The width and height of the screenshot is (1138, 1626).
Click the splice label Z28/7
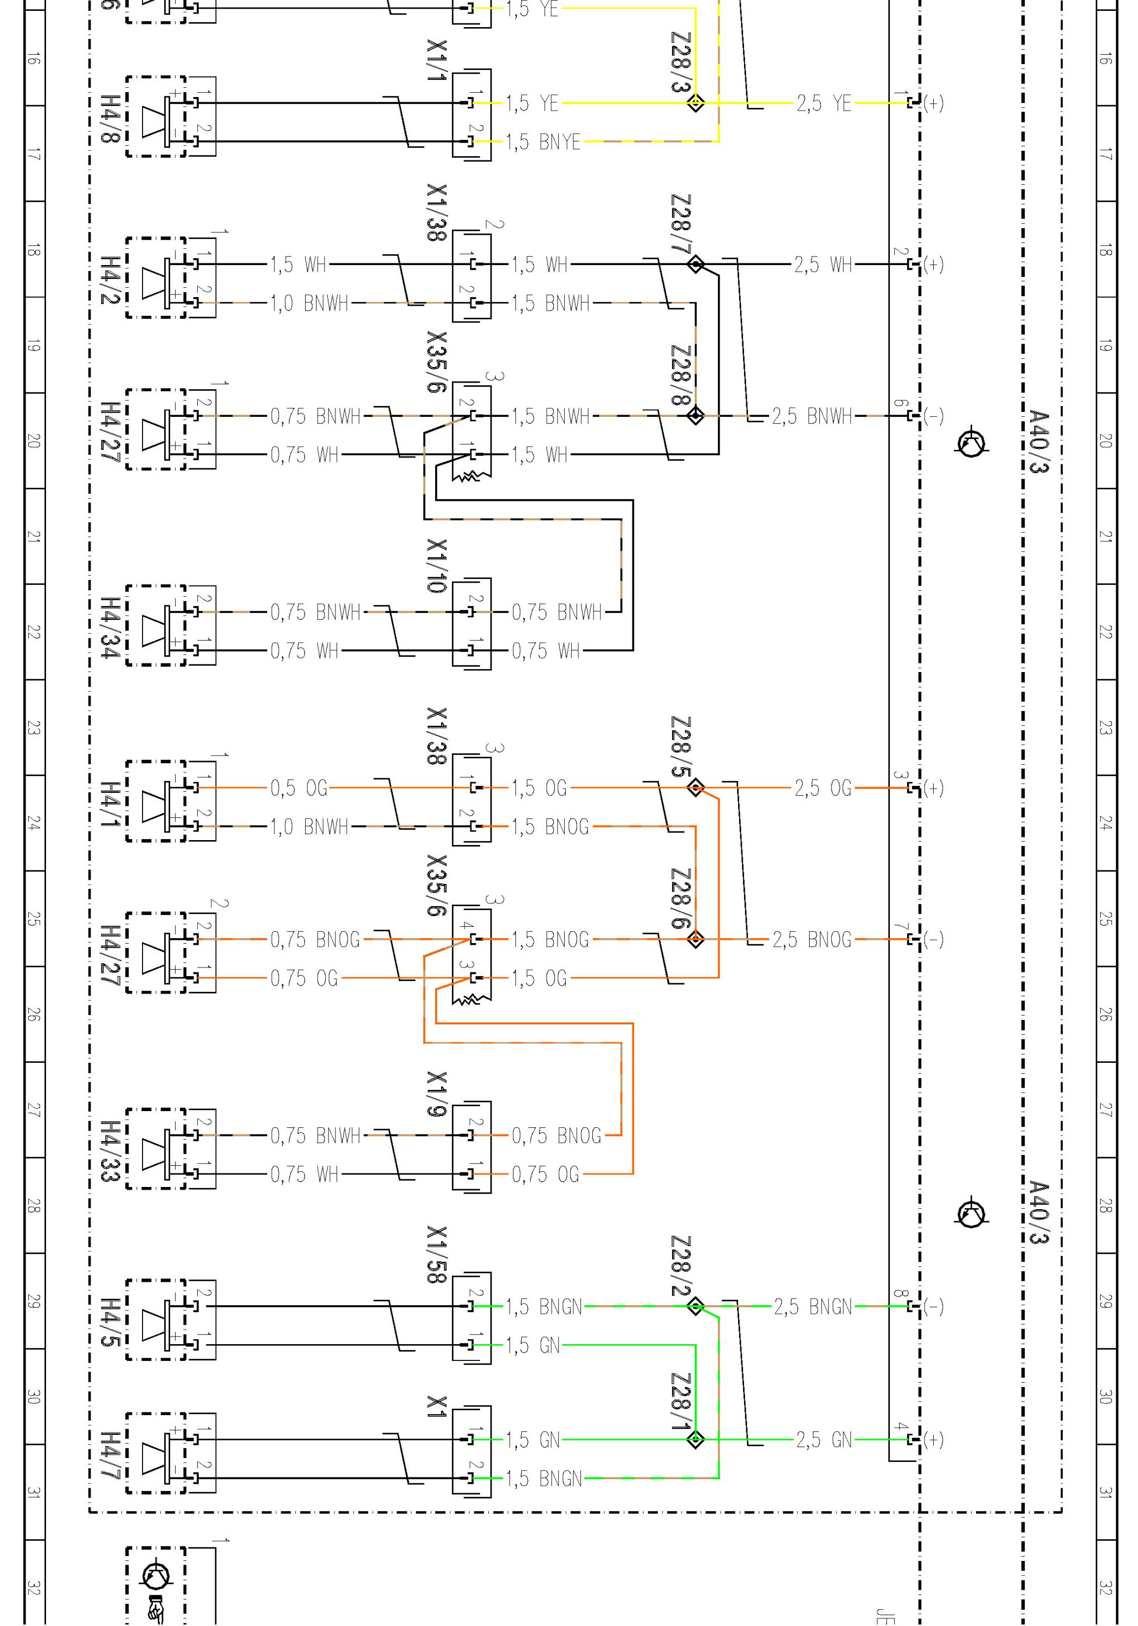click(681, 224)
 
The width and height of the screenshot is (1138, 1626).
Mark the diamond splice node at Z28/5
click(695, 788)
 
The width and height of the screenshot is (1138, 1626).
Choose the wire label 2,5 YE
click(824, 104)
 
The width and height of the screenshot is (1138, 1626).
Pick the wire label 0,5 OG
click(299, 788)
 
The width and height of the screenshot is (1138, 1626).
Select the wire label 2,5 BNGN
click(812, 1307)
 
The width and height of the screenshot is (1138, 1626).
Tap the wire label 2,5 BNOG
click(812, 940)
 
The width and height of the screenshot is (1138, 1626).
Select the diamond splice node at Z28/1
click(695, 1440)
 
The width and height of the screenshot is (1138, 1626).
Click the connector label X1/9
click(437, 1094)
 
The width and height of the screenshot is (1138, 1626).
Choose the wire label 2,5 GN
click(824, 1440)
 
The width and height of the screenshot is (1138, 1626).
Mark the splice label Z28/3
click(681, 62)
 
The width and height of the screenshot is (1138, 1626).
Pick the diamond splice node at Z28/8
click(695, 416)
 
